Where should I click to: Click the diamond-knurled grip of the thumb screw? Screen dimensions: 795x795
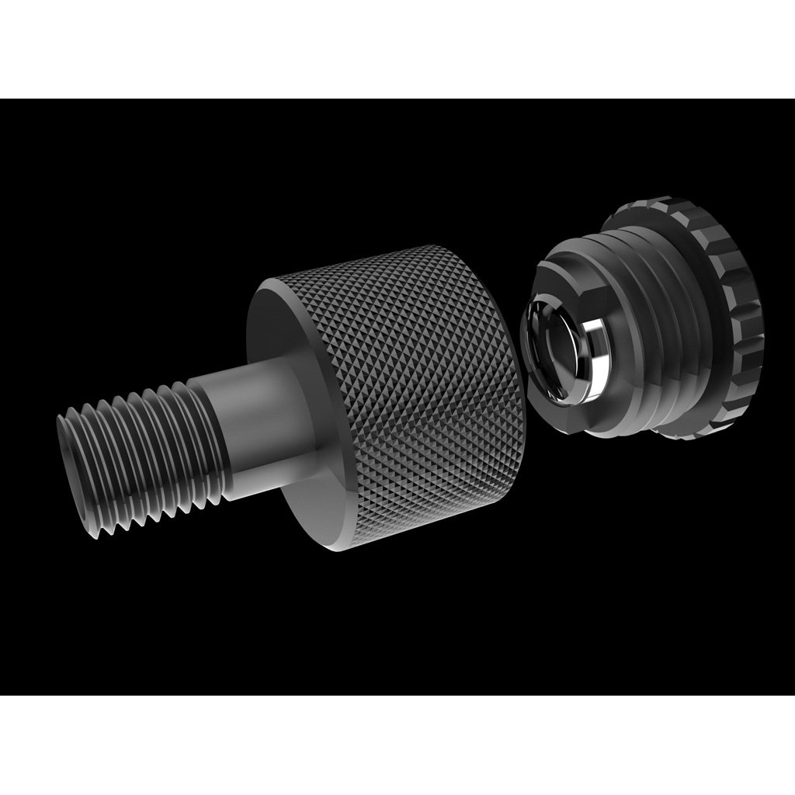coord(419,388)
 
